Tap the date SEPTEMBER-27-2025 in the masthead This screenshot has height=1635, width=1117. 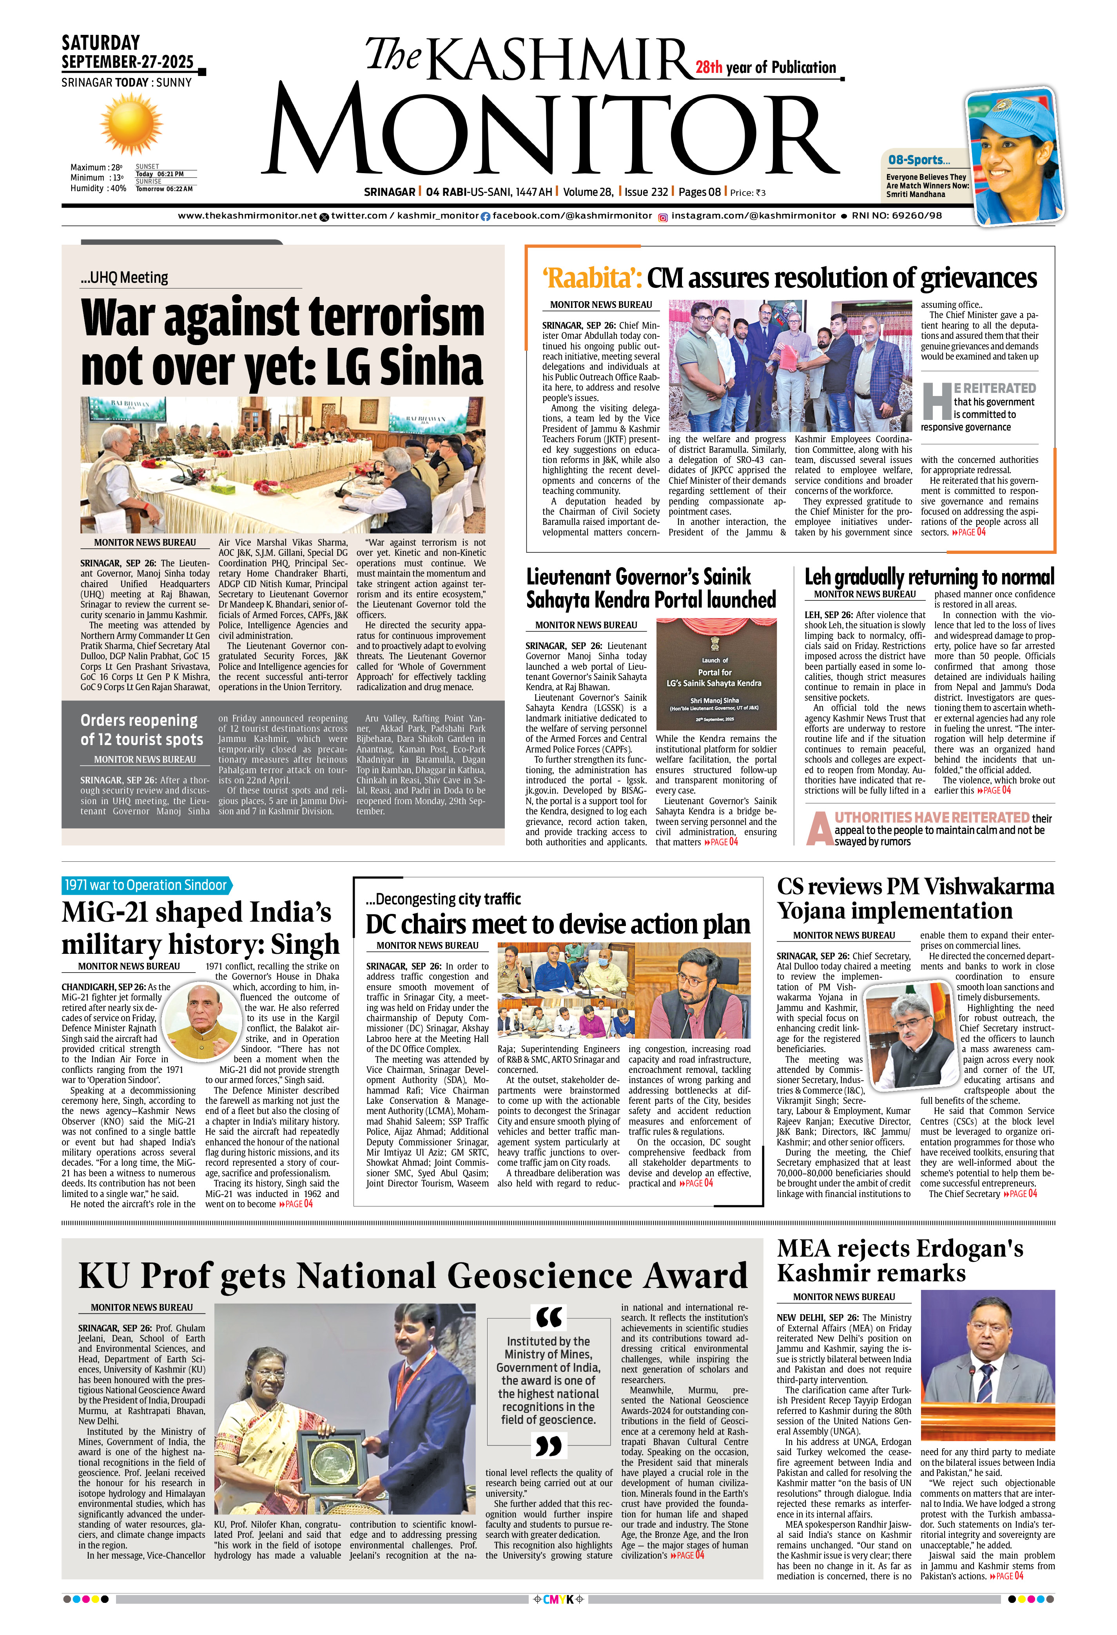[x=127, y=62]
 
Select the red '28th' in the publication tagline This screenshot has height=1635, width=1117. [x=709, y=67]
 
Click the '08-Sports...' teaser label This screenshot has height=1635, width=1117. [x=919, y=160]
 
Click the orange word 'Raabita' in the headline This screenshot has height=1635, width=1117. [x=589, y=279]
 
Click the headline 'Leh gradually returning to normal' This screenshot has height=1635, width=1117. [x=929, y=577]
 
